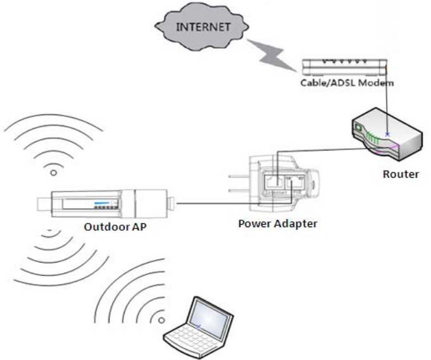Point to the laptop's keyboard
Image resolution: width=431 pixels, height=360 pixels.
pos(187,345)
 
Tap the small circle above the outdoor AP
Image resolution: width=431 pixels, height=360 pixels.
pos(53,172)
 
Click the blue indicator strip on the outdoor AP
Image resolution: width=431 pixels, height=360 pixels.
pos(102,204)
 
